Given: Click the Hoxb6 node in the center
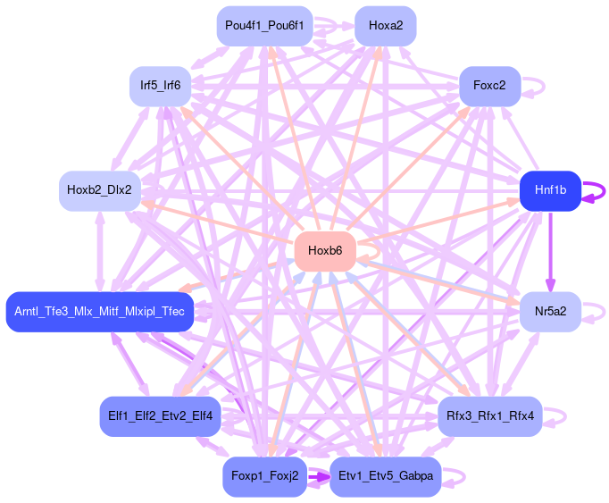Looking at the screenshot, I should pos(325,250).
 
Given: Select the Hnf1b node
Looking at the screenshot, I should pos(550,189).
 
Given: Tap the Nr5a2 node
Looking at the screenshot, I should pos(550,311).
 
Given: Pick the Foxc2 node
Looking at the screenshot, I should pos(489,86).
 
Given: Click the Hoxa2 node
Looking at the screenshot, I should pos(385,26).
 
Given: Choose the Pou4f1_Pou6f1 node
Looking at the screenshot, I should pos(264,26).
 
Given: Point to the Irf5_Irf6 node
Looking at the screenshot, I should pos(160,86).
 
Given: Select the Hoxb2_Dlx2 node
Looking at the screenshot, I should pos(99,189).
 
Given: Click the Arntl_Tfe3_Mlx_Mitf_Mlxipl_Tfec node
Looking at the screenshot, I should pos(99,311).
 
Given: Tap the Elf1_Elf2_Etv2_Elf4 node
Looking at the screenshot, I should pos(160,415).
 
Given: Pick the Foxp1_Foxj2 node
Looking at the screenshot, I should pos(264,475).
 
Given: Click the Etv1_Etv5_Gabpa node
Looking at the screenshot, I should pos(385,475).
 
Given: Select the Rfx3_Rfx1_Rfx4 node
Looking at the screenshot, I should pos(489,415).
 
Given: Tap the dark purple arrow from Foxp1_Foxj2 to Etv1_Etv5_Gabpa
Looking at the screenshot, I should pos(319,476).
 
